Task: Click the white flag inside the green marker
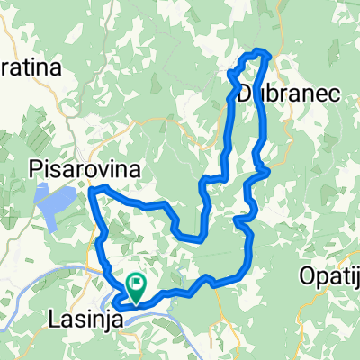(x=137, y=283)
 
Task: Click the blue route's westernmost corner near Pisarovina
(x=90, y=190)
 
